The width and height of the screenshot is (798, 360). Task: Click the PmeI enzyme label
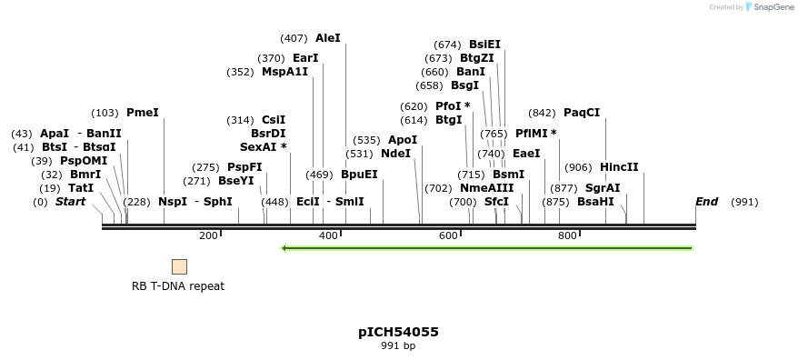point(143,113)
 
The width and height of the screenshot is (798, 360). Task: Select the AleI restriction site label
point(327,38)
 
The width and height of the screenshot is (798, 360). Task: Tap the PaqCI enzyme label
point(582,113)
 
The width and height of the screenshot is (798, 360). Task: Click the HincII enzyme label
point(619,167)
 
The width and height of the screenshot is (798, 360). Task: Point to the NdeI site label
point(395,154)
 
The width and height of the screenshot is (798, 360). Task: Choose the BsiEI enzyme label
point(484,45)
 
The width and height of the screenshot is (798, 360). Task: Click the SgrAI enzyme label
point(603,188)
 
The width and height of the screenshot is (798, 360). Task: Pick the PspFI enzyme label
point(244,167)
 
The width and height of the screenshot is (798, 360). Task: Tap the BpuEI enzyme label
point(359,175)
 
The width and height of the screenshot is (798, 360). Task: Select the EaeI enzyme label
point(526,154)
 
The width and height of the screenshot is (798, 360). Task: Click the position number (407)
point(294,38)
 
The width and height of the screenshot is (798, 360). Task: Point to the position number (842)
point(542,113)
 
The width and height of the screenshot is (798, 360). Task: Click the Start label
point(70,202)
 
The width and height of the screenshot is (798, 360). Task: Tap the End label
point(706,202)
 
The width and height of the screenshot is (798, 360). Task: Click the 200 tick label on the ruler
point(208,236)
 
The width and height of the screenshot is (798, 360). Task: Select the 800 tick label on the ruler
point(567,236)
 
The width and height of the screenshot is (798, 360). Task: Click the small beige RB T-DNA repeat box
point(179,266)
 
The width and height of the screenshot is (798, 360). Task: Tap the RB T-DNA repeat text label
point(178,286)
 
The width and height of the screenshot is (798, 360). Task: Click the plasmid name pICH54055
point(398,332)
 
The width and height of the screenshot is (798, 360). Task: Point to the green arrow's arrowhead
point(285,247)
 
